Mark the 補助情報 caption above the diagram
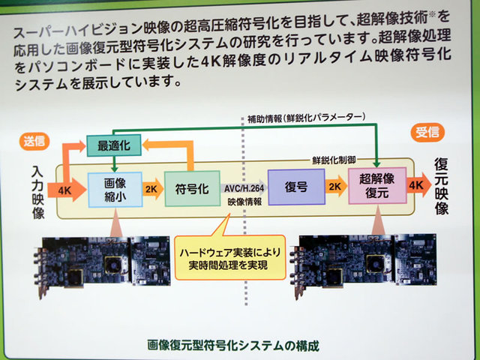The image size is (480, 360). click(x=305, y=118)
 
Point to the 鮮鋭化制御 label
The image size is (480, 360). click(x=334, y=161)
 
